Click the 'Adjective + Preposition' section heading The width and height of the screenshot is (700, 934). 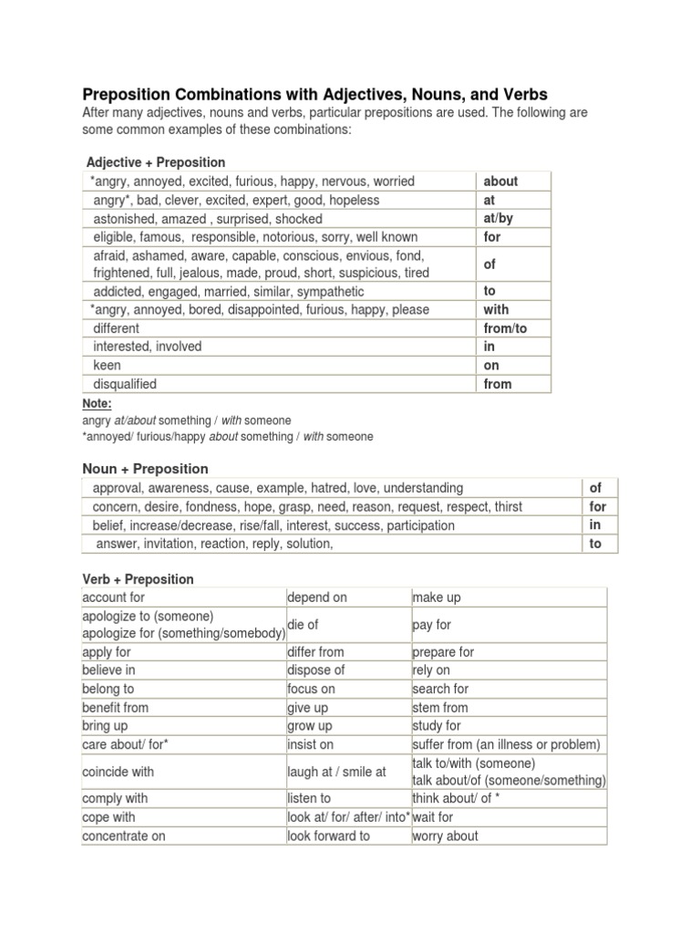(155, 162)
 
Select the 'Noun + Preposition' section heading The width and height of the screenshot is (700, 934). (145, 469)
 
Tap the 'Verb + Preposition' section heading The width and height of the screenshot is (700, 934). (138, 579)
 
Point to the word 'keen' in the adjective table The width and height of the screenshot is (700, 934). (107, 365)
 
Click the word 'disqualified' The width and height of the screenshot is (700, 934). (125, 384)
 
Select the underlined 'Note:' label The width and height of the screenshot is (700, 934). (97, 403)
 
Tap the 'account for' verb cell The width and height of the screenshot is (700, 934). (114, 597)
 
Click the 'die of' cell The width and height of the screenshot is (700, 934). (304, 625)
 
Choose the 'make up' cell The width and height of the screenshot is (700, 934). (437, 597)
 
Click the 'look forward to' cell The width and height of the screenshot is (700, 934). (328, 835)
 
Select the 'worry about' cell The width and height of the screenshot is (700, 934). (445, 835)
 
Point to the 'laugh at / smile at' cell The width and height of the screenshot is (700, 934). (336, 772)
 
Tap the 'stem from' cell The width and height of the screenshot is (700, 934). (440, 707)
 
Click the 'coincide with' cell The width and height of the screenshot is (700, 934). (118, 772)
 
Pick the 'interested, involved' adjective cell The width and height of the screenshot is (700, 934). (148, 347)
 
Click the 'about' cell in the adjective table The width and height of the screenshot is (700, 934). (500, 181)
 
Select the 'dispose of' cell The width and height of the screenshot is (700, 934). (315, 670)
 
